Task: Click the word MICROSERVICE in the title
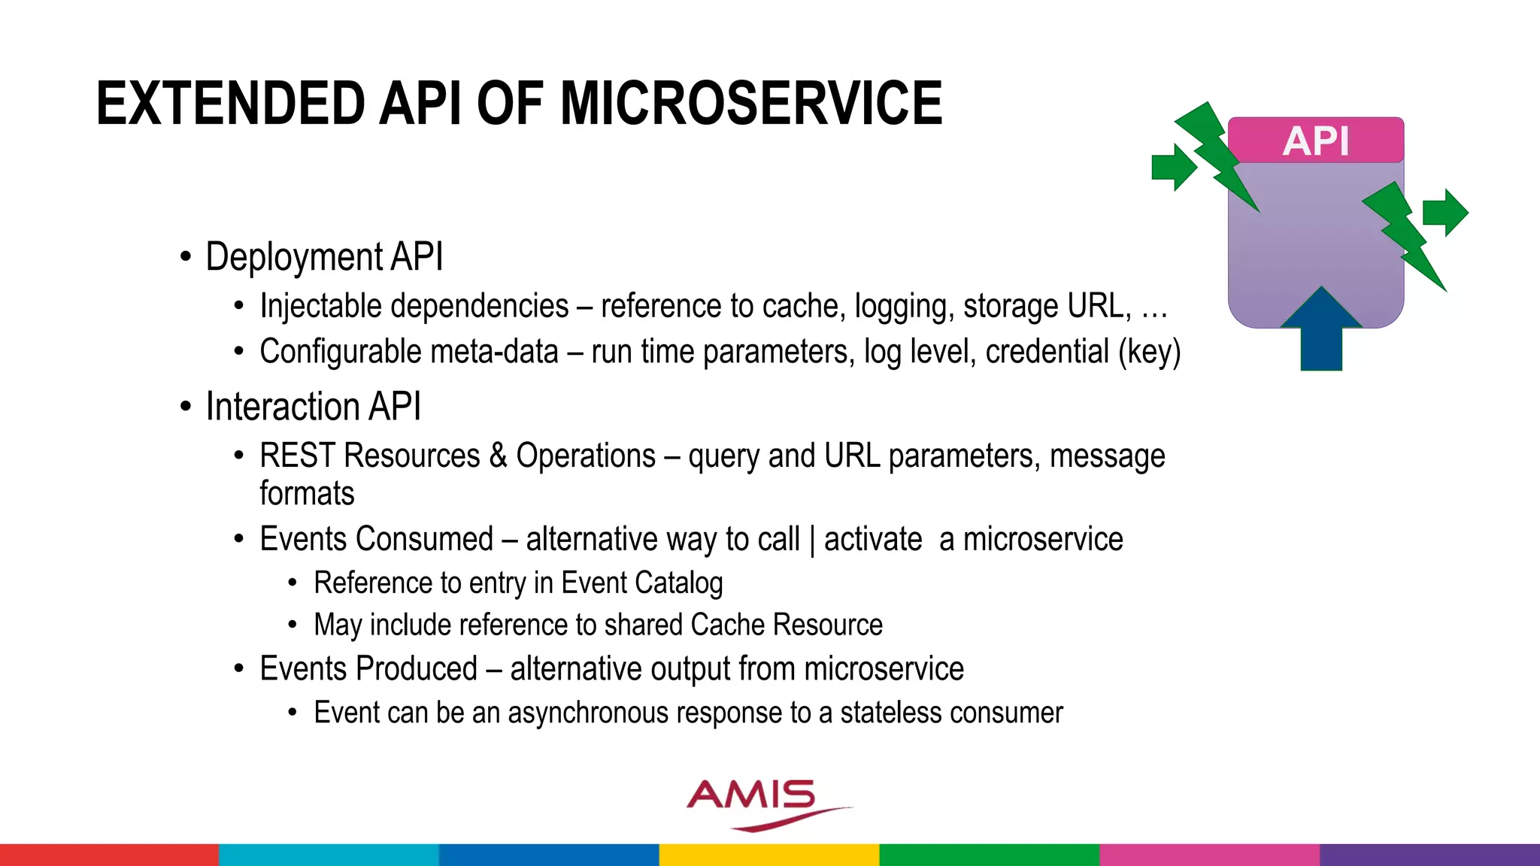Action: click(750, 103)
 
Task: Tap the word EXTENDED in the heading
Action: click(230, 103)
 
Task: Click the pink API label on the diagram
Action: click(1315, 141)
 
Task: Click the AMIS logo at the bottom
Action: click(759, 803)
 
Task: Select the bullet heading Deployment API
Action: click(324, 257)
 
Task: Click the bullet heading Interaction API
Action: click(313, 407)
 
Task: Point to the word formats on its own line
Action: click(307, 494)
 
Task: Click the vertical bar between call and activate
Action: click(812, 540)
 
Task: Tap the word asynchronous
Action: click(587, 713)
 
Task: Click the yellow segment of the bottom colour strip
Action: click(769, 855)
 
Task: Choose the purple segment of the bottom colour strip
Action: click(1429, 855)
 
